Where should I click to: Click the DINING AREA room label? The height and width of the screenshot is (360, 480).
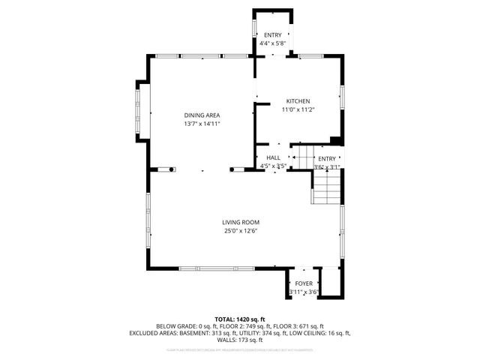click(x=202, y=115)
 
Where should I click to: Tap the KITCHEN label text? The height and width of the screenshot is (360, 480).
click(x=298, y=101)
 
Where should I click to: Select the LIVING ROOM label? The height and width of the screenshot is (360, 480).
click(x=240, y=222)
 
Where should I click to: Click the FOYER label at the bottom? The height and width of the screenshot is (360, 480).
click(x=304, y=283)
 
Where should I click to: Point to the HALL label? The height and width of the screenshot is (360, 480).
click(x=273, y=157)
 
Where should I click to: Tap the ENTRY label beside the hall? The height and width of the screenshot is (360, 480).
click(x=327, y=159)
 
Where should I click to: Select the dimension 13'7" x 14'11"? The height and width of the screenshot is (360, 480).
click(x=202, y=124)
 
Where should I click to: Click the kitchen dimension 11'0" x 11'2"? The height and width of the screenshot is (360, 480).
click(x=298, y=110)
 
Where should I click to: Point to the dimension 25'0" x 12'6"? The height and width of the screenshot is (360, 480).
click(x=240, y=231)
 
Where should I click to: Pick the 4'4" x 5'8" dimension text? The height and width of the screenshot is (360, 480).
click(x=271, y=44)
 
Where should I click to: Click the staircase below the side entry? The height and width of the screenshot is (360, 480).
click(x=327, y=189)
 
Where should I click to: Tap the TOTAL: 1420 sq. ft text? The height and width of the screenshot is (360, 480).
click(x=240, y=319)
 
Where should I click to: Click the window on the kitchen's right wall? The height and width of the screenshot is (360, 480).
click(x=342, y=97)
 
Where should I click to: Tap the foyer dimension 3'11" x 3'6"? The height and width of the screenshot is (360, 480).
click(x=304, y=292)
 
